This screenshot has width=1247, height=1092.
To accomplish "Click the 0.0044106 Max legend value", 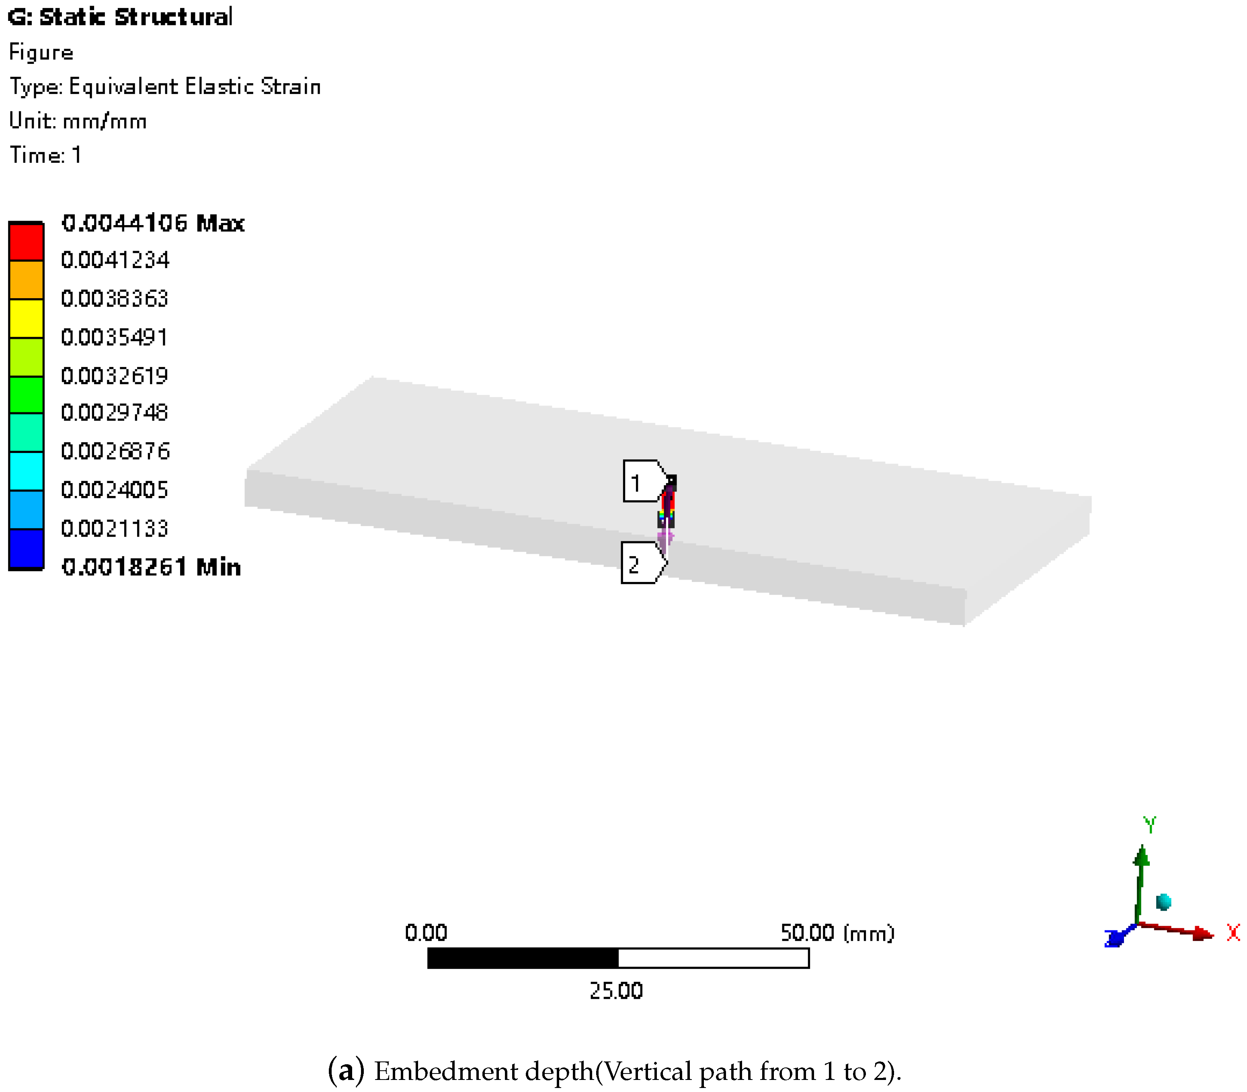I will coord(152,223).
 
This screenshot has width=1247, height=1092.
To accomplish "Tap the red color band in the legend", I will coord(26,242).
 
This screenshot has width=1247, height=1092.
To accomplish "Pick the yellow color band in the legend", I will coord(26,318).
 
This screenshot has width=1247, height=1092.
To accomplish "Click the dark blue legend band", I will coord(26,549).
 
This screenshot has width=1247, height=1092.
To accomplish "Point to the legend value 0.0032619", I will coord(114,375).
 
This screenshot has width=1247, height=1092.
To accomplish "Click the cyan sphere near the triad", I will coord(1163,901).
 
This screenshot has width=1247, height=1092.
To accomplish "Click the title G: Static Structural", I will coord(120,17).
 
